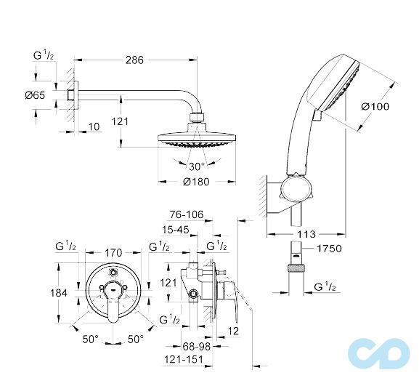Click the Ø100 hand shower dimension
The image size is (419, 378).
pyautogui.click(x=375, y=106)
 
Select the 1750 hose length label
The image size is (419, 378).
pyautogui.click(x=330, y=249)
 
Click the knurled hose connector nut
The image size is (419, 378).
pyautogui.click(x=296, y=268)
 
